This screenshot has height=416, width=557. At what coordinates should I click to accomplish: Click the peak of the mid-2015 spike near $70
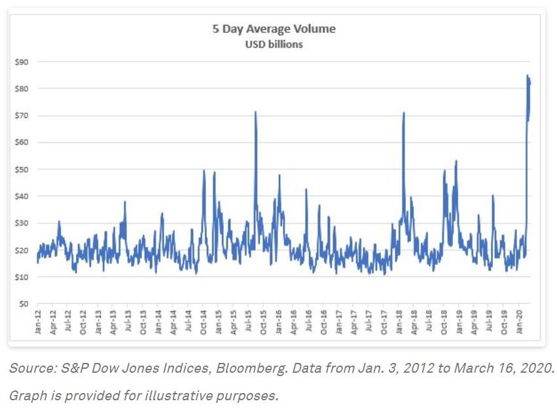(255, 112)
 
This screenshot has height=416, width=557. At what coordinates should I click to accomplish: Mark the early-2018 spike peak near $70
(404, 113)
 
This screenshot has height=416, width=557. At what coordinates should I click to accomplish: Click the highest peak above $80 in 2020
(528, 75)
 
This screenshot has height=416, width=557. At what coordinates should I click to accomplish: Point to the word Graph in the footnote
(25, 396)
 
